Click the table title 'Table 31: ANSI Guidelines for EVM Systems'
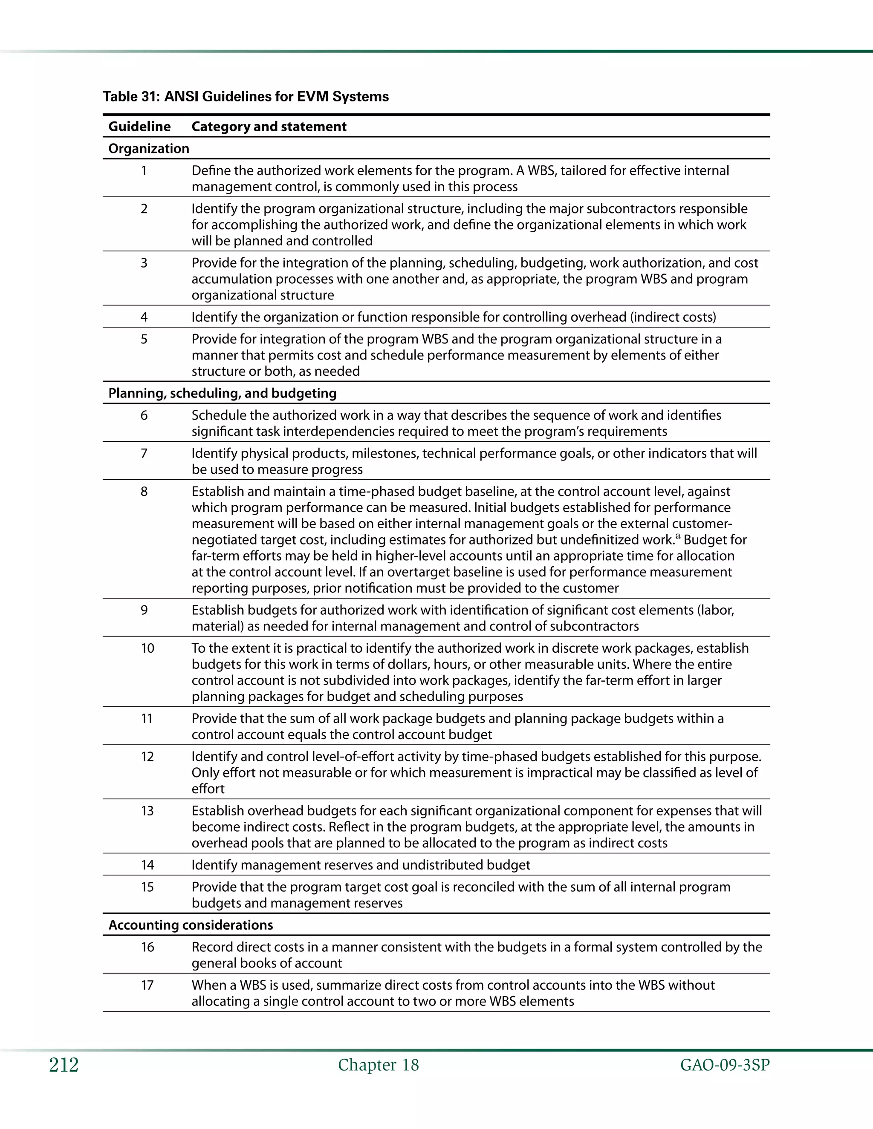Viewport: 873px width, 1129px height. (246, 97)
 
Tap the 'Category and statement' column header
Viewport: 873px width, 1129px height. (269, 127)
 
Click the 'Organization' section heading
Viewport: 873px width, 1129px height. (148, 149)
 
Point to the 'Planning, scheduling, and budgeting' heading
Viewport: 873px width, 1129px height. (223, 393)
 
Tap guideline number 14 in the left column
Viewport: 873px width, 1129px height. (147, 865)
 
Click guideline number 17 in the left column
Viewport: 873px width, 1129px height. (147, 985)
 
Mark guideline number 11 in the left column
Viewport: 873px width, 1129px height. (147, 719)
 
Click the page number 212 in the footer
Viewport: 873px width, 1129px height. (64, 1066)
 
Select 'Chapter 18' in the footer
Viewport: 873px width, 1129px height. (378, 1066)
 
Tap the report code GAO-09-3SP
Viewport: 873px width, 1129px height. (725, 1066)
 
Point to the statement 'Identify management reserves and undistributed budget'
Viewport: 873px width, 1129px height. (361, 865)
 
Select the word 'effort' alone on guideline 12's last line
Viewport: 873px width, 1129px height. (208, 789)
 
